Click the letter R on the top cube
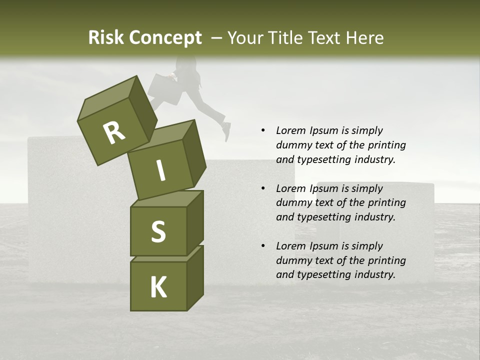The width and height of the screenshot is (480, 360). coord(114,133)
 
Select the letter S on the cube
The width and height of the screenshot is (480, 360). coord(158,231)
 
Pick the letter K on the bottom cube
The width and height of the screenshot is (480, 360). coord(158,287)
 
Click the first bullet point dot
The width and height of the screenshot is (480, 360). coord(263,130)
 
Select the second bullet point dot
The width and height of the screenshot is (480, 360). coord(263,188)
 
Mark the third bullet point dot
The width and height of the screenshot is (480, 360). coord(263,246)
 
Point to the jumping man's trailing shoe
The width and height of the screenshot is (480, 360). coord(226,131)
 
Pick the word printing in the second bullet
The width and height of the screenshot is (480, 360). coord(387,203)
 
